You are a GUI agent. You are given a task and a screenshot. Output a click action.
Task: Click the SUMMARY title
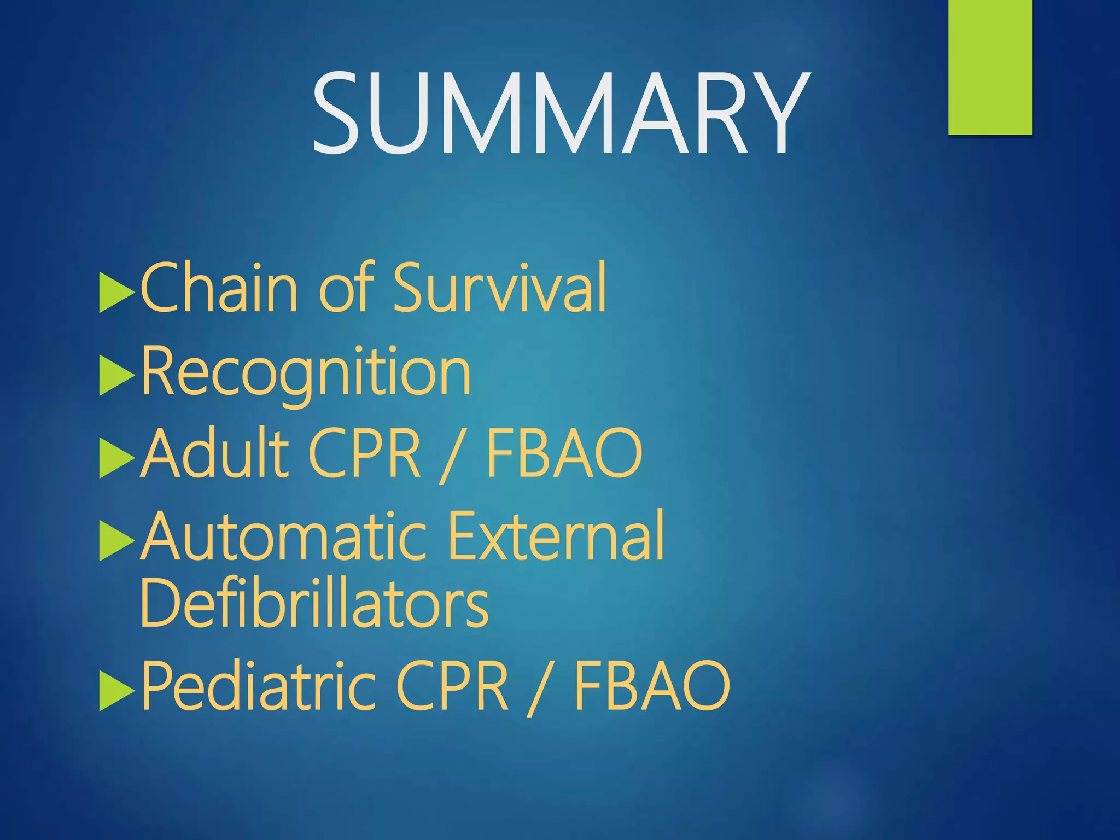(560, 114)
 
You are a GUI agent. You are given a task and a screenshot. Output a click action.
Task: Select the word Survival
(500, 288)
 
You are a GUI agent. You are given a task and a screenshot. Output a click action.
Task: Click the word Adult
(214, 454)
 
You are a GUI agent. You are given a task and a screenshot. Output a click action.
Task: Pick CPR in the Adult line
(365, 454)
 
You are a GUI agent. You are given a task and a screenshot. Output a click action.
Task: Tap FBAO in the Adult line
(564, 454)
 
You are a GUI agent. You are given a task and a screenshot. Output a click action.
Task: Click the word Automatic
(283, 537)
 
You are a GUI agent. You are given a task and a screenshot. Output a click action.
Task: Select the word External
(556, 537)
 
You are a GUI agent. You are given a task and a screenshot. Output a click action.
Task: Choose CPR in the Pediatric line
(452, 687)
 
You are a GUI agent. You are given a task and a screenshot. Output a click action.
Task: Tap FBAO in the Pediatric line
(652, 687)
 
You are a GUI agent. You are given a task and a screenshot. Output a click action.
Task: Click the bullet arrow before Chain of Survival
(115, 293)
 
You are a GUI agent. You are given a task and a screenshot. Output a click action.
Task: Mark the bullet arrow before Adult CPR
(115, 459)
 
